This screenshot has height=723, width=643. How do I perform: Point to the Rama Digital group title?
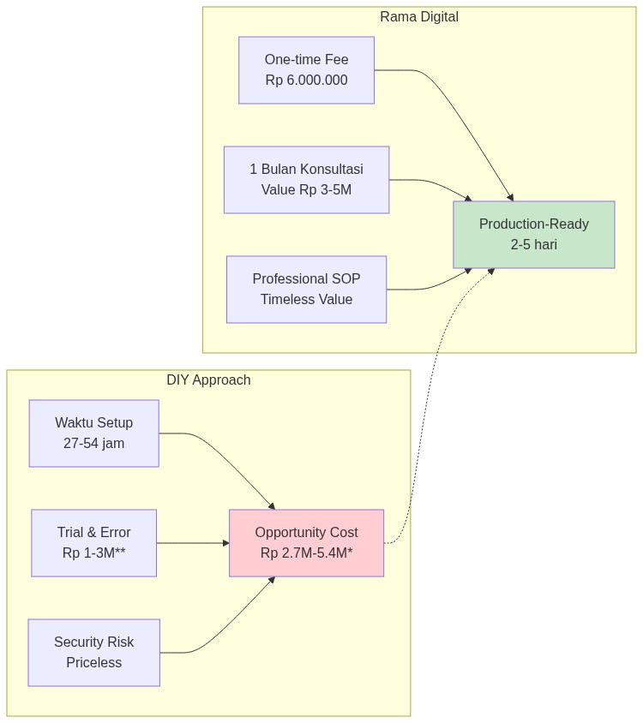419,17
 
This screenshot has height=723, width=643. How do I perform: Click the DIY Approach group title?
208,380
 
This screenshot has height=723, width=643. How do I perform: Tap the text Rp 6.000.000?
306,81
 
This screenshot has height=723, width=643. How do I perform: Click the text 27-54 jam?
93,444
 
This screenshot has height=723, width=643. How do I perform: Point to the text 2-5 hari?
533,245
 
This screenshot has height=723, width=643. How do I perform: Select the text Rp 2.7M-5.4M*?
306,553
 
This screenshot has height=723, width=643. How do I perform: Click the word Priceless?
93,663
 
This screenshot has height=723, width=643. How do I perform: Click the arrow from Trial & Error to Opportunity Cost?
192,543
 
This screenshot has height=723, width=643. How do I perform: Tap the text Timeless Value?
306,300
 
